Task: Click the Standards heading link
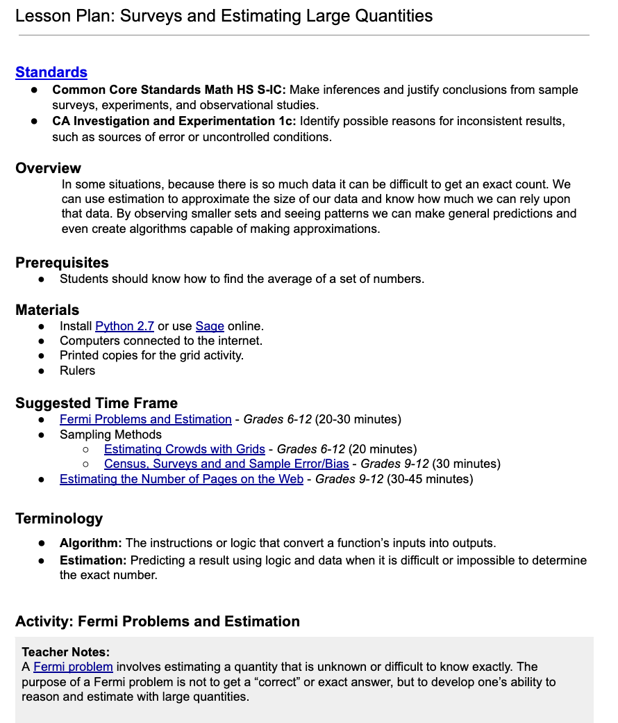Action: tap(51, 72)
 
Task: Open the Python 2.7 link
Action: tap(124, 326)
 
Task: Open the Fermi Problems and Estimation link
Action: tap(145, 419)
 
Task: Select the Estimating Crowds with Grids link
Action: tap(184, 449)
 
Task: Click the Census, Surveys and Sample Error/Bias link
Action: tap(228, 464)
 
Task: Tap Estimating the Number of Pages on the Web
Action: tap(181, 479)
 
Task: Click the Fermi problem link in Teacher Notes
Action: tap(73, 667)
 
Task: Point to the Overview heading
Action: tap(49, 168)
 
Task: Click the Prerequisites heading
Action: tap(62, 263)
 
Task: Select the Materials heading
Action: tap(47, 310)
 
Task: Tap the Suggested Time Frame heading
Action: tap(97, 403)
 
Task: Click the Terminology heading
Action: tap(59, 519)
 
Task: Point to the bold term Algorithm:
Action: tap(90, 543)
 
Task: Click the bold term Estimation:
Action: tap(93, 560)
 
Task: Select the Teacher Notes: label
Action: tap(66, 652)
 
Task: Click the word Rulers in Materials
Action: tap(77, 371)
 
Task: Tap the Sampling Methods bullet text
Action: tap(110, 434)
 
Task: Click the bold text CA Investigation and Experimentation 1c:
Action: tap(174, 122)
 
